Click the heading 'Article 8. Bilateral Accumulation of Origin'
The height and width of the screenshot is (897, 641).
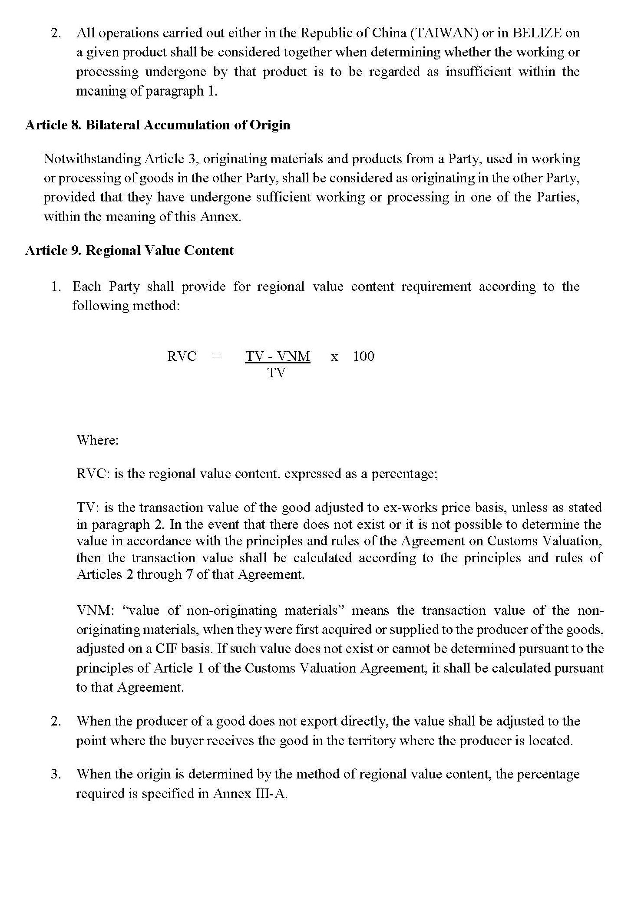click(158, 125)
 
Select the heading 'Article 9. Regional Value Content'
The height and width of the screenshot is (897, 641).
click(129, 251)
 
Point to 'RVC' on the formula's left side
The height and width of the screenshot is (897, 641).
click(182, 356)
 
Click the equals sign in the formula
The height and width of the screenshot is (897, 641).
click(215, 356)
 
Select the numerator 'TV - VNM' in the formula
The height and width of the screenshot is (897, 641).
click(278, 356)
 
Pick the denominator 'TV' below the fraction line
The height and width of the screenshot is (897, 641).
click(276, 373)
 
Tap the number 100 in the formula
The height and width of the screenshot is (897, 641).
click(363, 356)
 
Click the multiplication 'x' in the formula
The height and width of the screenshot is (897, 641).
click(334, 357)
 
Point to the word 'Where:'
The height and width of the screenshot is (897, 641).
click(98, 440)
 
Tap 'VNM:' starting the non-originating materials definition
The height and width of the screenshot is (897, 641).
click(95, 610)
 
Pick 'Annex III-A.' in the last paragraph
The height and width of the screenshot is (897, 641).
click(250, 794)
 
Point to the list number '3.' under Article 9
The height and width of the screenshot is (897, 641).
click(56, 774)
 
